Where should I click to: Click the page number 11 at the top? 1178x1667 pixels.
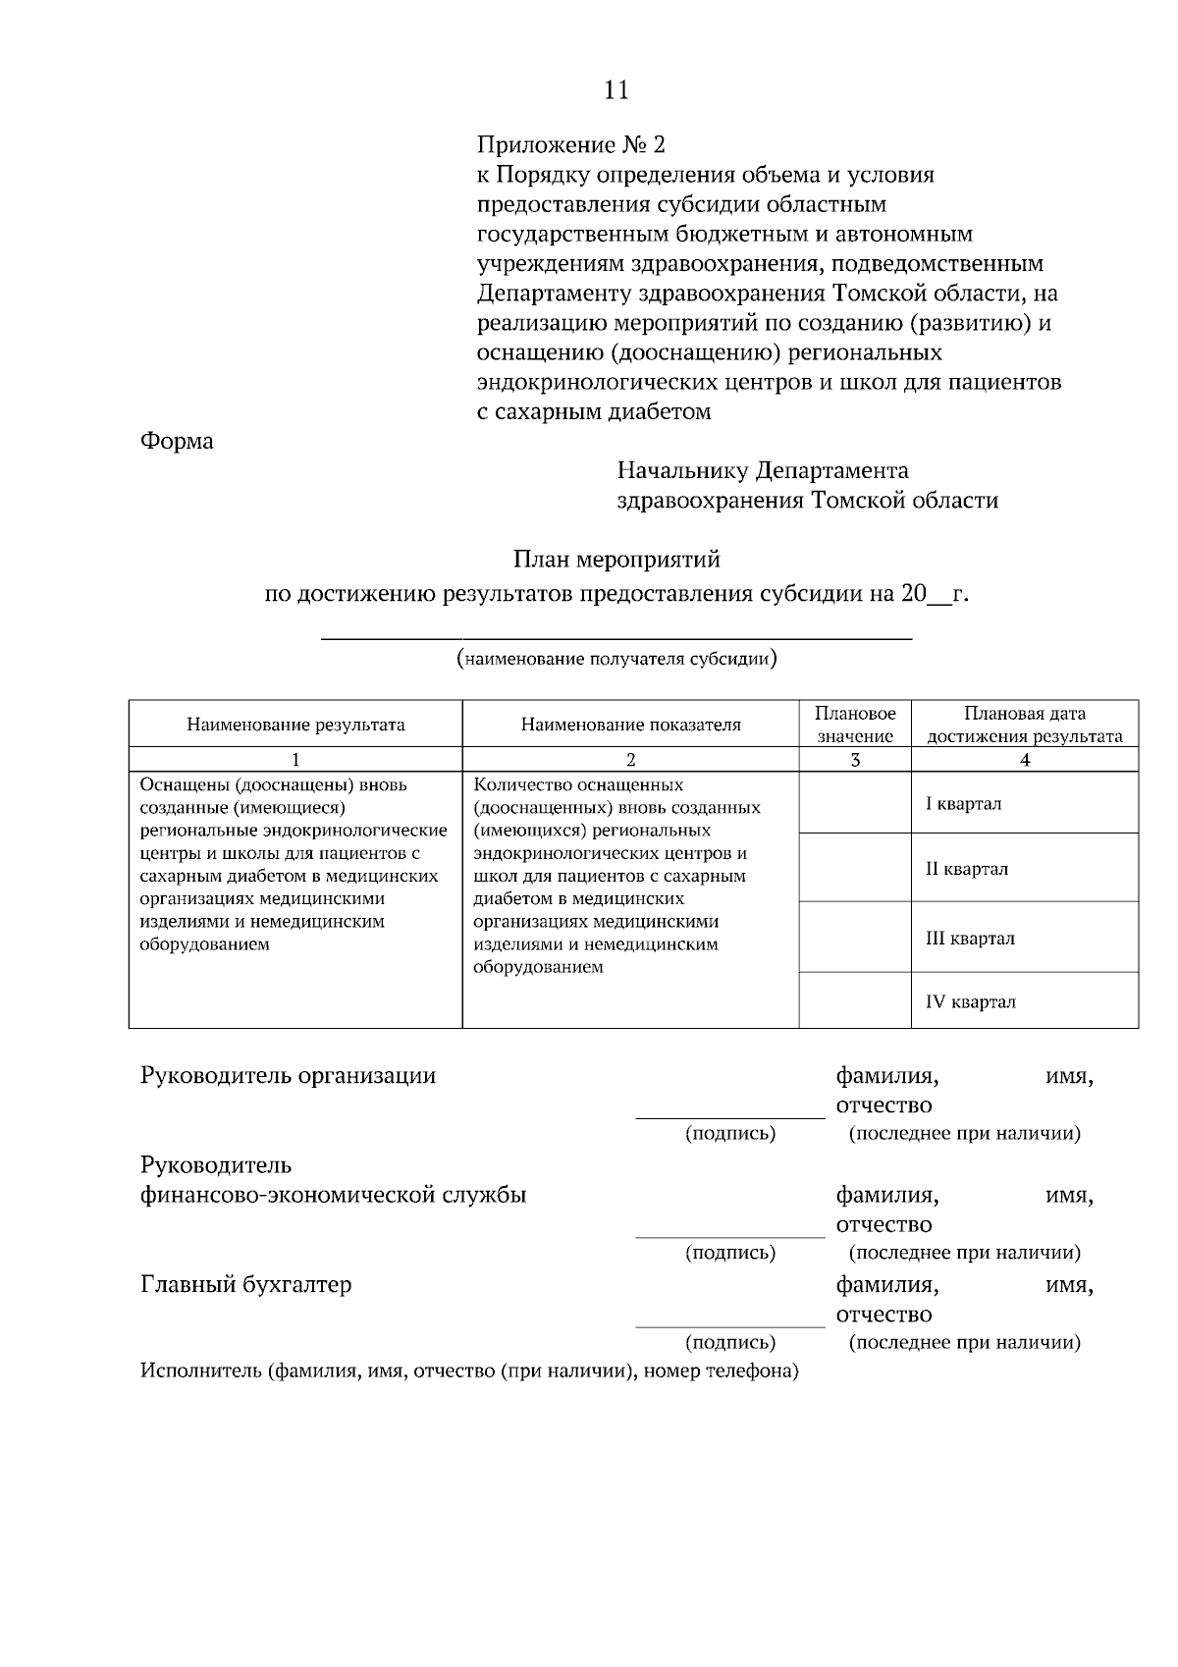[616, 90]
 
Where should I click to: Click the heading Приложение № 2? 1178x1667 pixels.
[570, 145]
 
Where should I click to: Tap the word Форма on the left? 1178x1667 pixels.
[177, 442]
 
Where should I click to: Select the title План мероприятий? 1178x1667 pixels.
[616, 560]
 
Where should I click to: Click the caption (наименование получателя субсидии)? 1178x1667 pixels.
[616, 659]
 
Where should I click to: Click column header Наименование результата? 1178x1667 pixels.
[295, 726]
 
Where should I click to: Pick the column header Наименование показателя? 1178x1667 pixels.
[630, 726]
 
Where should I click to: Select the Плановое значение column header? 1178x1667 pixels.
[855, 725]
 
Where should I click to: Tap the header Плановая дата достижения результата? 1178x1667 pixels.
[1025, 725]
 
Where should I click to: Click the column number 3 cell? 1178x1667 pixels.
[855, 760]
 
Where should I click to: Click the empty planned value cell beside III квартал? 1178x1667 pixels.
[855, 938]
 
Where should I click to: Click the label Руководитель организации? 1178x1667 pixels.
[288, 1076]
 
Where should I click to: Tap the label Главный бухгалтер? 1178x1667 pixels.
[245, 1285]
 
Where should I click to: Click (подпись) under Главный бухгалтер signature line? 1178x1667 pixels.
[729, 1343]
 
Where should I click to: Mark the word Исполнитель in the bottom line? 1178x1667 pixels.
[200, 1371]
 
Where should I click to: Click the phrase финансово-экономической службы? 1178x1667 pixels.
[333, 1196]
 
